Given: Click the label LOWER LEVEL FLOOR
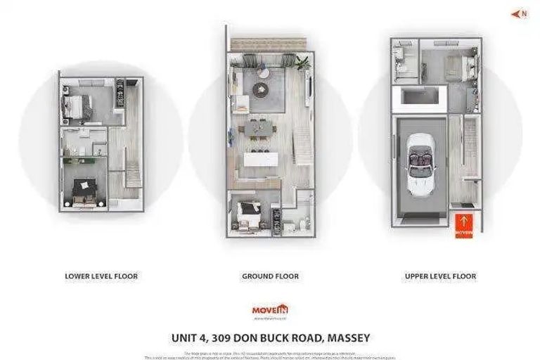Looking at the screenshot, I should coord(101,276).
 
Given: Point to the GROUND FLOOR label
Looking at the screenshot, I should coord(270,276).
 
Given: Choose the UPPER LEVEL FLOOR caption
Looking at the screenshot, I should coord(440,276).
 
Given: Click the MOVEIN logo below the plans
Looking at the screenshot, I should coord(270,309).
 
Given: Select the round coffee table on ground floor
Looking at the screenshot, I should coord(262,89).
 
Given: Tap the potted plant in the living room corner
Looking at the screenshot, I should coord(302,62).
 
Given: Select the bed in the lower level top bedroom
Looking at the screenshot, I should coord(76,107).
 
